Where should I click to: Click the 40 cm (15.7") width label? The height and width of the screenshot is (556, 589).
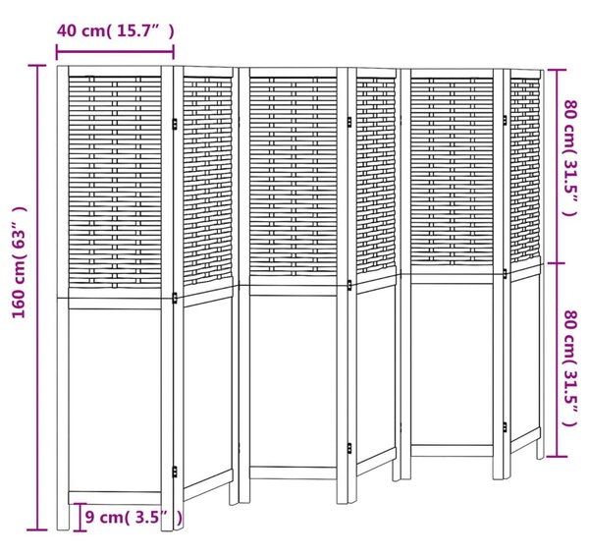(x=115, y=31)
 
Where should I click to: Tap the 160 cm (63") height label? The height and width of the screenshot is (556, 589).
(x=20, y=262)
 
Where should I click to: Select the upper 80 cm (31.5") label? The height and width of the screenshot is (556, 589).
(x=569, y=157)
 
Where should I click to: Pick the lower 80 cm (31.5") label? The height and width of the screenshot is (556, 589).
(x=569, y=368)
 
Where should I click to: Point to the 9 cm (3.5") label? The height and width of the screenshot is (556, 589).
(x=134, y=518)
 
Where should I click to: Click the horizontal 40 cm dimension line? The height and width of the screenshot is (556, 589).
(x=115, y=52)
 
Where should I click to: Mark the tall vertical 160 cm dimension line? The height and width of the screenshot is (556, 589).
(x=37, y=298)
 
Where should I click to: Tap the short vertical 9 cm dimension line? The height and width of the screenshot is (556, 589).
(x=80, y=518)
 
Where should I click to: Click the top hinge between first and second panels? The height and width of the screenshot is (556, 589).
(x=175, y=124)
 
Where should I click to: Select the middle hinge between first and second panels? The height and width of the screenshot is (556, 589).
(x=175, y=298)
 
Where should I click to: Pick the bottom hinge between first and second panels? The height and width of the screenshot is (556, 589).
(x=175, y=472)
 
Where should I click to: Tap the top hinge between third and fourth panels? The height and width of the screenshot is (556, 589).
(x=349, y=122)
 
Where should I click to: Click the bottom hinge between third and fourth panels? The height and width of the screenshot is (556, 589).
(x=349, y=448)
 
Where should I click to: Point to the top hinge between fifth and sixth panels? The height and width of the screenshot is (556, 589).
(x=505, y=120)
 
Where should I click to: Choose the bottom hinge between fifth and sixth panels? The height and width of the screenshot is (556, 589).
(x=505, y=427)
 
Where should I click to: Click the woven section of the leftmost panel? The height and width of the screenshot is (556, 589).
(x=115, y=183)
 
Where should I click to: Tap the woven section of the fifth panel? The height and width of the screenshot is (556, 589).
(x=452, y=172)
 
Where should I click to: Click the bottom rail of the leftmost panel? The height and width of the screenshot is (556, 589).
(x=115, y=497)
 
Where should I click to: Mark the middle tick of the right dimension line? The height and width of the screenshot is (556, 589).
(x=557, y=263)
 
